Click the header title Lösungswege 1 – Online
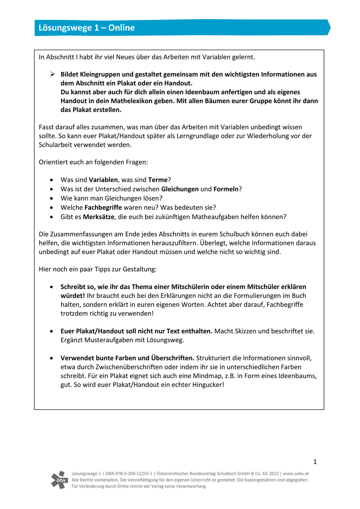pyautogui.click(x=87, y=28)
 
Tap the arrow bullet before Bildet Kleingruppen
pyautogui.click(x=52, y=74)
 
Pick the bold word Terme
pyautogui.click(x=158, y=180)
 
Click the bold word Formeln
pyautogui.click(x=226, y=189)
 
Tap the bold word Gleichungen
pyautogui.click(x=180, y=189)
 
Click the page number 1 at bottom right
pyautogui.click(x=315, y=462)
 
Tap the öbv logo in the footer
pyautogui.click(x=59, y=479)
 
